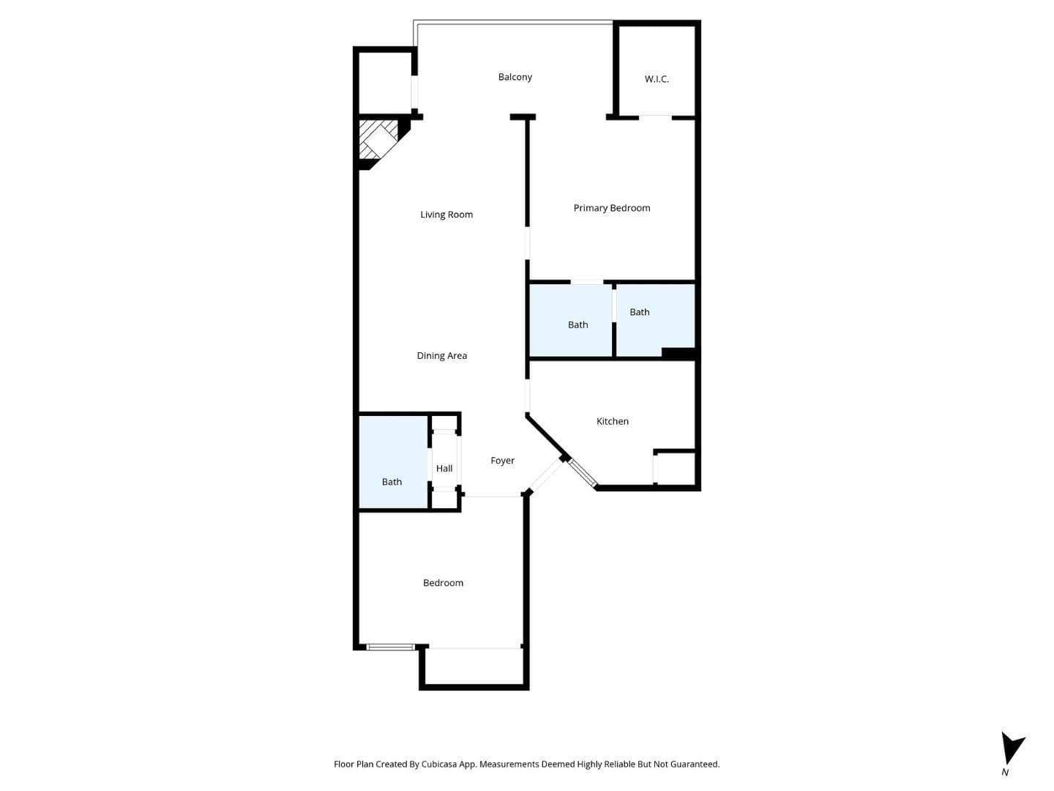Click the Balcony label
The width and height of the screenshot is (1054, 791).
click(515, 77)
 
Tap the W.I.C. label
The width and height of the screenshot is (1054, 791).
click(657, 79)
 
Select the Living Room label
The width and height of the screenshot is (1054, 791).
click(446, 215)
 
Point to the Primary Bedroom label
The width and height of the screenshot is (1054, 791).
click(612, 208)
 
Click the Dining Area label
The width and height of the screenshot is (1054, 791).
click(442, 356)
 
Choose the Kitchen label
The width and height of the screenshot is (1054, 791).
click(612, 421)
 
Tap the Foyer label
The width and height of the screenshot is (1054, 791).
click(502, 461)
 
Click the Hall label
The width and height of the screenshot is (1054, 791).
click(444, 468)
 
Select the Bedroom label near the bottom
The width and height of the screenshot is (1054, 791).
click(443, 582)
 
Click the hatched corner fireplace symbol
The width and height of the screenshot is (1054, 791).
click(379, 139)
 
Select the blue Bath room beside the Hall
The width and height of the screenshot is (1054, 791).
click(393, 462)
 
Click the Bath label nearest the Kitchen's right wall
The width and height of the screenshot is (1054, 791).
click(639, 312)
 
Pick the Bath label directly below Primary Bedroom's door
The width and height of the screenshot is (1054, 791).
click(578, 325)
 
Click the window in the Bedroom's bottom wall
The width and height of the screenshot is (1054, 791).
click(390, 647)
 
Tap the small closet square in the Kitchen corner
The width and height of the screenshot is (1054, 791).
click(674, 468)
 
